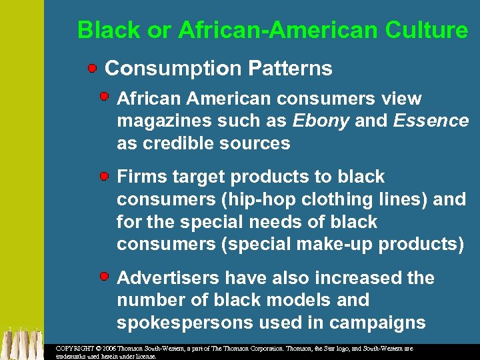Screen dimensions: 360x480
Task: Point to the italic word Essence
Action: click(431, 121)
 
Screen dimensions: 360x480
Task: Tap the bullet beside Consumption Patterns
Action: click(93, 68)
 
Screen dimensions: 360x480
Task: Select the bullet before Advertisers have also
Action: click(105, 275)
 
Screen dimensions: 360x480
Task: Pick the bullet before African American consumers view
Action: click(105, 97)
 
